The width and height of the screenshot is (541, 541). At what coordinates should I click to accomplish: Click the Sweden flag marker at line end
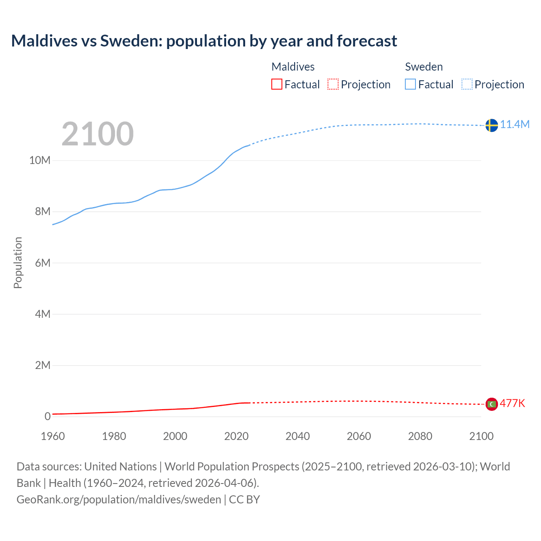[x=491, y=125]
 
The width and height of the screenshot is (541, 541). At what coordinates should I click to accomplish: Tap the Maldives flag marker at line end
[x=491, y=404]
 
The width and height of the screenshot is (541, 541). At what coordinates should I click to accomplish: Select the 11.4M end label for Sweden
[x=515, y=124]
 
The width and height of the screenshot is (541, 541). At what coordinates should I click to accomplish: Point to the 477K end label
[x=512, y=403]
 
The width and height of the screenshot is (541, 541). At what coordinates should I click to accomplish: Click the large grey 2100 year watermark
[x=98, y=134]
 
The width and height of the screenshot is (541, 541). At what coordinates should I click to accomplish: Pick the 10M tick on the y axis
[x=40, y=161]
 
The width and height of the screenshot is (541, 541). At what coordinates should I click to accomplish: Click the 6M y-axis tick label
[x=42, y=263]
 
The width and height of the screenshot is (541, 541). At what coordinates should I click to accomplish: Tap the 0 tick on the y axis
[x=47, y=416]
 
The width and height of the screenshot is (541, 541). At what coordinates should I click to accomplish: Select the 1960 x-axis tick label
[x=53, y=436]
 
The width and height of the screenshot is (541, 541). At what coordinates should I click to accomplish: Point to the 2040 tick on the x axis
[x=298, y=436]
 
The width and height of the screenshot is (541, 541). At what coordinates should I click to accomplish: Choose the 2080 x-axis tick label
[x=420, y=436]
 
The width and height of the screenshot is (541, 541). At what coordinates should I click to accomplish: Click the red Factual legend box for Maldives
[x=277, y=84]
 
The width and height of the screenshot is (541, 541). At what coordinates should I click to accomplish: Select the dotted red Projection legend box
[x=333, y=84]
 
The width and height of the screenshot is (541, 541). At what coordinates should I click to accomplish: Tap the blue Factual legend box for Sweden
[x=410, y=84]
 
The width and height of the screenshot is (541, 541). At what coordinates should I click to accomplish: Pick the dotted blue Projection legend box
[x=467, y=84]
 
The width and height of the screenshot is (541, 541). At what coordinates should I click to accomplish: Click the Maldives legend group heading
[x=293, y=67]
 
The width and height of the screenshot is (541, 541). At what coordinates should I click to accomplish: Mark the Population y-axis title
[x=18, y=262]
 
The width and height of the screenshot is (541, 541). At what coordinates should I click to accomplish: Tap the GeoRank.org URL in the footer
[x=119, y=500]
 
